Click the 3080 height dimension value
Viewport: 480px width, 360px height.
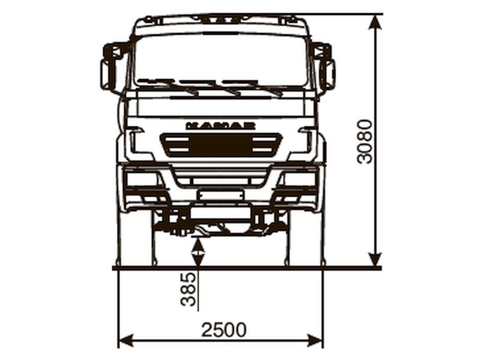coord(365,141)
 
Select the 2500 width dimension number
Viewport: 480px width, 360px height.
coord(223,330)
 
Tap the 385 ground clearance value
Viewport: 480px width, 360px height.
coord(188,289)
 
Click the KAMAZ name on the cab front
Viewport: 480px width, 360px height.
coord(220,125)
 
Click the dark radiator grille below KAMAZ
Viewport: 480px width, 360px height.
coord(221,145)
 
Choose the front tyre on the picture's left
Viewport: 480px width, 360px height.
coord(136,240)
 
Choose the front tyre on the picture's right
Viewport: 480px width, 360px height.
coord(305,240)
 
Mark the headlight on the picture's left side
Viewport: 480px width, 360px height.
coord(142,179)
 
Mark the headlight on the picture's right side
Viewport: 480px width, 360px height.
coord(299,179)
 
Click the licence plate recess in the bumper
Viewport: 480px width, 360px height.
coord(220,195)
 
